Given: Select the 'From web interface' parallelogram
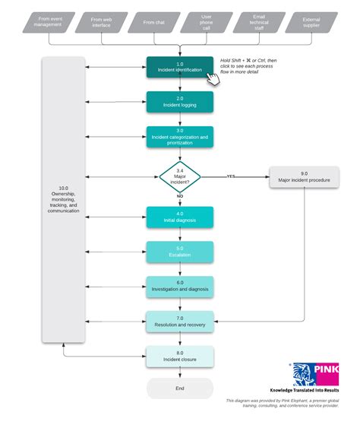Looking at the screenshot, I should [x=101, y=22].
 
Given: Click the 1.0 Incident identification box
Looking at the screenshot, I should [x=180, y=67].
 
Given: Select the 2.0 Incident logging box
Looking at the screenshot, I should [x=180, y=102].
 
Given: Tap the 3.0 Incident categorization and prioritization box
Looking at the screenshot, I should [x=180, y=137].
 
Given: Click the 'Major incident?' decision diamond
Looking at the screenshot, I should [x=180, y=176].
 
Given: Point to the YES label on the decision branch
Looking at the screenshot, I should [x=231, y=176].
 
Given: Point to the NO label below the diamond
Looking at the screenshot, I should [x=180, y=196].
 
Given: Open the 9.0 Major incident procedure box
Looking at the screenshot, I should [x=304, y=177].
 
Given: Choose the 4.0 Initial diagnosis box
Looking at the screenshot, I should [x=180, y=217].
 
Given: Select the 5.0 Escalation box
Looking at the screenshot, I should [x=180, y=252].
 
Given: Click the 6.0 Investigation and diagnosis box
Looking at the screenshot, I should [x=180, y=287].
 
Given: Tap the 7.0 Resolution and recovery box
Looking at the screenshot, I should [x=180, y=322].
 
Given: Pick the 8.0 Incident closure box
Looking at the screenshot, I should [x=180, y=357].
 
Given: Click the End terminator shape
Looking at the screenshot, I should [x=180, y=388].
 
